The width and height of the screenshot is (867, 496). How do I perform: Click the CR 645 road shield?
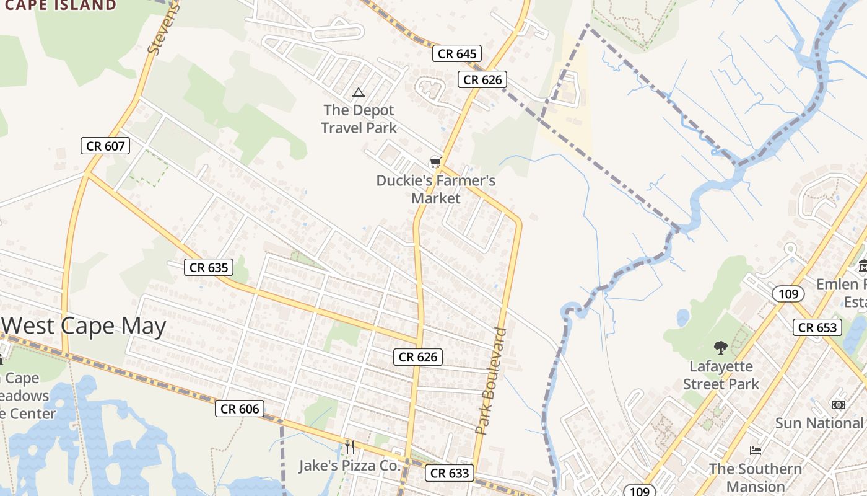tap(457, 54)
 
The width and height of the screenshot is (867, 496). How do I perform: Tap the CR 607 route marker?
tap(106, 146)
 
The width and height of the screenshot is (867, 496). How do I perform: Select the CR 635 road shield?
tap(209, 268)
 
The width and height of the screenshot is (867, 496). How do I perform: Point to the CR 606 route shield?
tap(240, 409)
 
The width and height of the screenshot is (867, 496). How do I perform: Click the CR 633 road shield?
tap(450, 473)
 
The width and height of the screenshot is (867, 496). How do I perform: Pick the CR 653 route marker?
tap(817, 327)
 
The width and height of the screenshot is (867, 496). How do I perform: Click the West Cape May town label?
tap(84, 326)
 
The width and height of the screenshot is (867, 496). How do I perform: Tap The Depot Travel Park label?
tap(359, 119)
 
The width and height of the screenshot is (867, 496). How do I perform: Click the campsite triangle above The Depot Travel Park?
tap(358, 93)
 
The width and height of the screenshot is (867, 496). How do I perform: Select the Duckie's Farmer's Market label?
tap(436, 189)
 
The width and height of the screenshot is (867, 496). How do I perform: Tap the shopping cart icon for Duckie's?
tap(435, 162)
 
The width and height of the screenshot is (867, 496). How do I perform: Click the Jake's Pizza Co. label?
tap(350, 466)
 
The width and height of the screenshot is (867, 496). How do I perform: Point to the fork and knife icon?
tap(350, 446)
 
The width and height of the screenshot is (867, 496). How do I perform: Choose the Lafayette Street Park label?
tap(721, 375)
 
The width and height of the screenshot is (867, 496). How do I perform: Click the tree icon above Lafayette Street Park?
tap(720, 347)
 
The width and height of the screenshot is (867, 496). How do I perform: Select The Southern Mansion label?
tap(755, 477)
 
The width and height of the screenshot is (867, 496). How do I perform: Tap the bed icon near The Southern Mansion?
tap(755, 450)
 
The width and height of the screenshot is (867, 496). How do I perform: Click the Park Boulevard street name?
tap(491, 381)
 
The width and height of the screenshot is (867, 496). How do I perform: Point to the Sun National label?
tap(819, 423)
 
